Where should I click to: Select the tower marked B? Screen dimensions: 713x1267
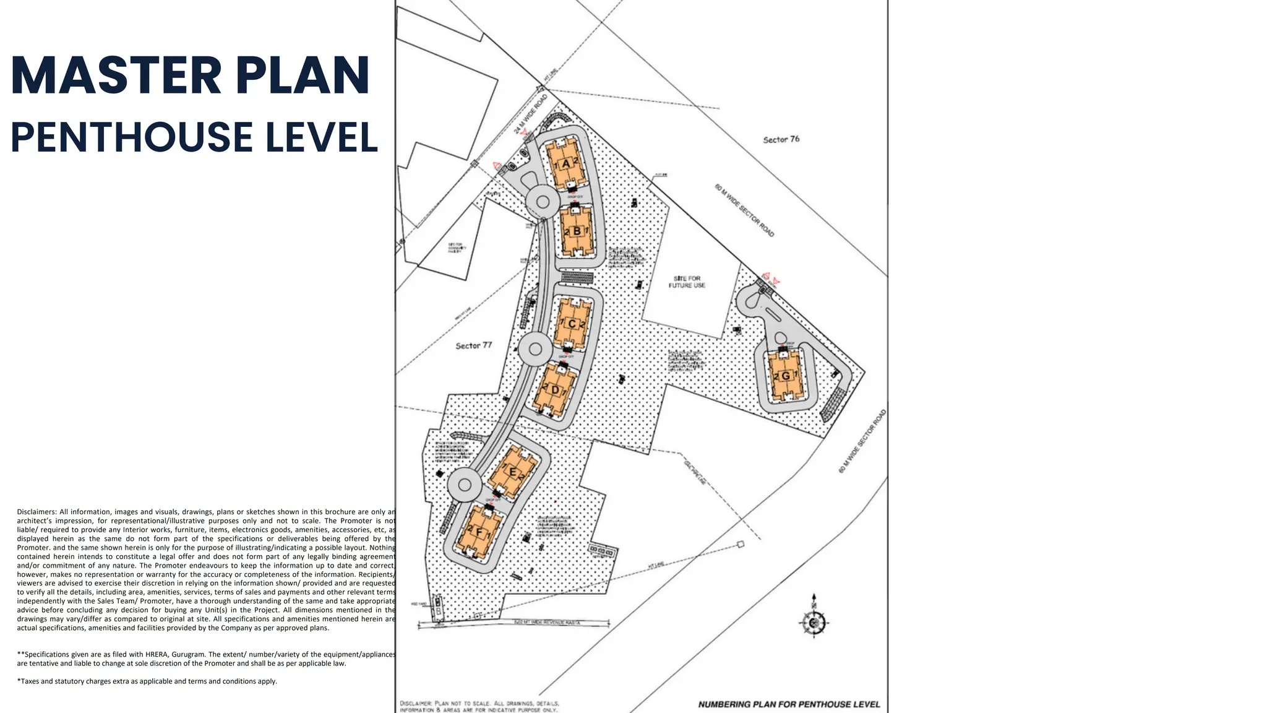577,231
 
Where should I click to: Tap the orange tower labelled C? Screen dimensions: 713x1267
572,324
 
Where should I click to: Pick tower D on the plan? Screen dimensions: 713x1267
555,391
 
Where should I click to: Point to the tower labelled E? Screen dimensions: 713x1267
512,472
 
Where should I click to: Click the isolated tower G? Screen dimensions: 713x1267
786,376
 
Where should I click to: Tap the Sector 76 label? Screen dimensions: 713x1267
781,140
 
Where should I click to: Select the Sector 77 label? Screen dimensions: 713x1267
473,345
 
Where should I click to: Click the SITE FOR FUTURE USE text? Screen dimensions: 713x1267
687,282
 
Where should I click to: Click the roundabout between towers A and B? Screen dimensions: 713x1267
543,202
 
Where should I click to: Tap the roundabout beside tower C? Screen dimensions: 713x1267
535,349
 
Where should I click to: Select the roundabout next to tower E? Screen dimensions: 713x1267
465,485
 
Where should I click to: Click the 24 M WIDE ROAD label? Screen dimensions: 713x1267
530,114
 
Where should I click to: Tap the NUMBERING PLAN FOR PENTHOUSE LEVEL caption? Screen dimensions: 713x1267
789,704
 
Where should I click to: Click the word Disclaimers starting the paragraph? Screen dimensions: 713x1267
37,512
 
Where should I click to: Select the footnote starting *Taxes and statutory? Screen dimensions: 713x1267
147,681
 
